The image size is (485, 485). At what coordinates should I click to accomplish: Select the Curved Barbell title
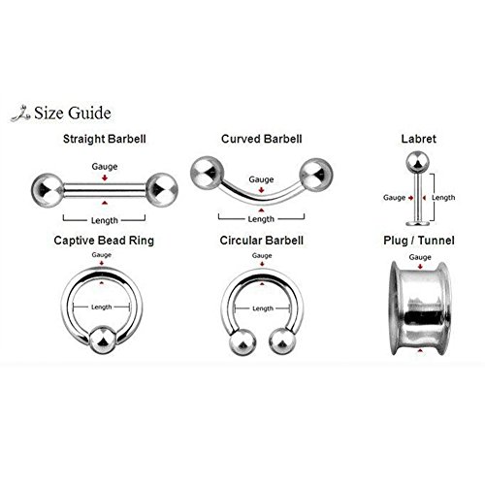260,139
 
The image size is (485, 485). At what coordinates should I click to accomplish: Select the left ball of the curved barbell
206,171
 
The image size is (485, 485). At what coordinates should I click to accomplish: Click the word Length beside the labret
443,197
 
